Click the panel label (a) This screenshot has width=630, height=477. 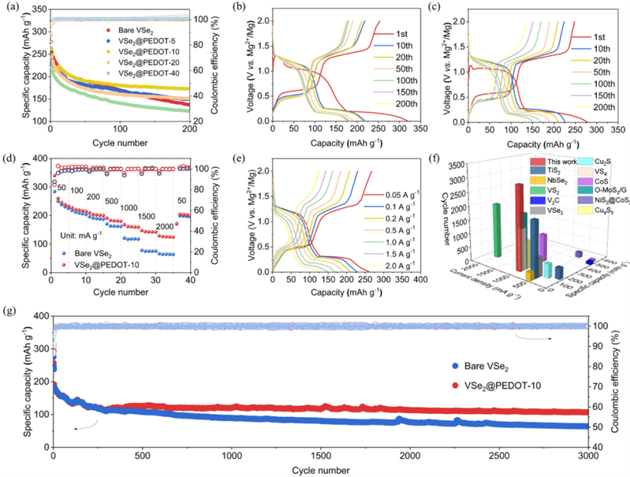[9, 9]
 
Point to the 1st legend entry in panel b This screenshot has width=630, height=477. [395, 35]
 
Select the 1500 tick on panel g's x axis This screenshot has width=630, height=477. [321, 456]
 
